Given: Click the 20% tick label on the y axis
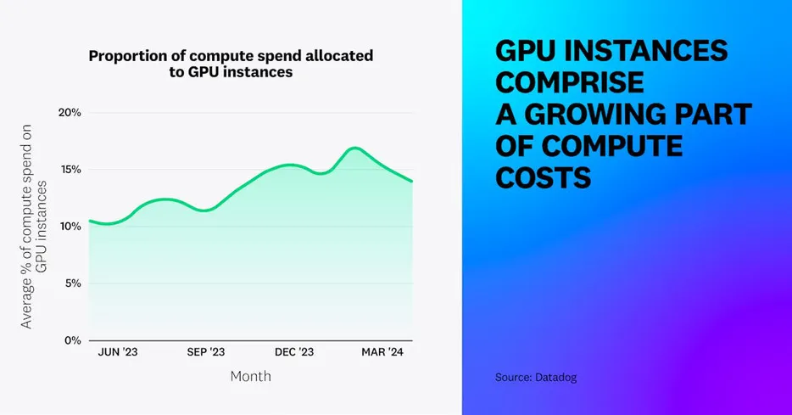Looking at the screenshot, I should point(69,113).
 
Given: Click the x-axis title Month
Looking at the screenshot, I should point(251,375).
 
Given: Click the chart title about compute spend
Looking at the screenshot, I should point(231,64).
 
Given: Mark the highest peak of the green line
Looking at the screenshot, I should point(355,148).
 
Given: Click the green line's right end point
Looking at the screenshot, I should point(412,181).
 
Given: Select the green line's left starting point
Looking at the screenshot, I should point(89,221).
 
